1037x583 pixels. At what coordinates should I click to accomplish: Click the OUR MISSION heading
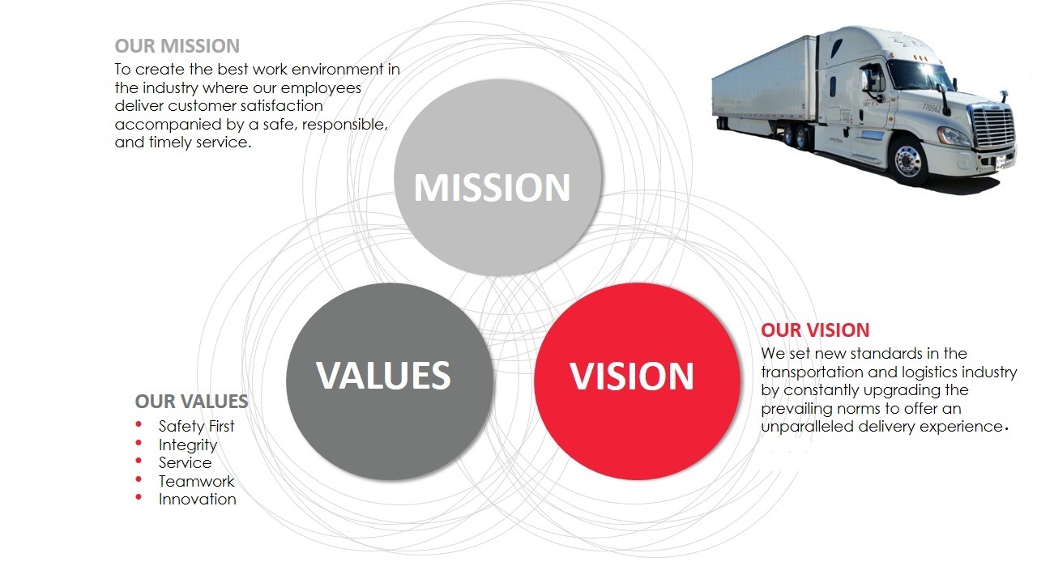[x=177, y=46]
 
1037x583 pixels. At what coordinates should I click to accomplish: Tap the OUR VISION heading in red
[x=815, y=330]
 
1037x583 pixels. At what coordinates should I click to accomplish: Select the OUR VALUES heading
[x=192, y=401]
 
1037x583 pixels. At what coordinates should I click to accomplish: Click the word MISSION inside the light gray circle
[x=492, y=188]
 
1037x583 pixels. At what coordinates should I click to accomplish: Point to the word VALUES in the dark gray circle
[x=383, y=375]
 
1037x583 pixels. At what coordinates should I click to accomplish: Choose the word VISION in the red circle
[x=631, y=377]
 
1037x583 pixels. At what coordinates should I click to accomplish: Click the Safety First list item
[x=196, y=426]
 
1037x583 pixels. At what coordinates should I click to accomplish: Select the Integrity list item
[x=188, y=445]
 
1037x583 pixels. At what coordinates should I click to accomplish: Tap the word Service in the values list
[x=186, y=462]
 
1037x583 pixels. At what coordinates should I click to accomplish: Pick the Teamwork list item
[x=196, y=481]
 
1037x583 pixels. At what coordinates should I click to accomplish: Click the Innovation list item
[x=197, y=500]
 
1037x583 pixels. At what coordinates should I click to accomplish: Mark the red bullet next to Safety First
[x=139, y=423]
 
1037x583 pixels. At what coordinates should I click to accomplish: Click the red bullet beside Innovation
[x=139, y=497]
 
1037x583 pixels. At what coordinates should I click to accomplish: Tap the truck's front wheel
[x=908, y=160]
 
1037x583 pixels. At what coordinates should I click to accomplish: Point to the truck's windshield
[x=920, y=74]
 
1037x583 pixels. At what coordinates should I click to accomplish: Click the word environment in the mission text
[x=338, y=70]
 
